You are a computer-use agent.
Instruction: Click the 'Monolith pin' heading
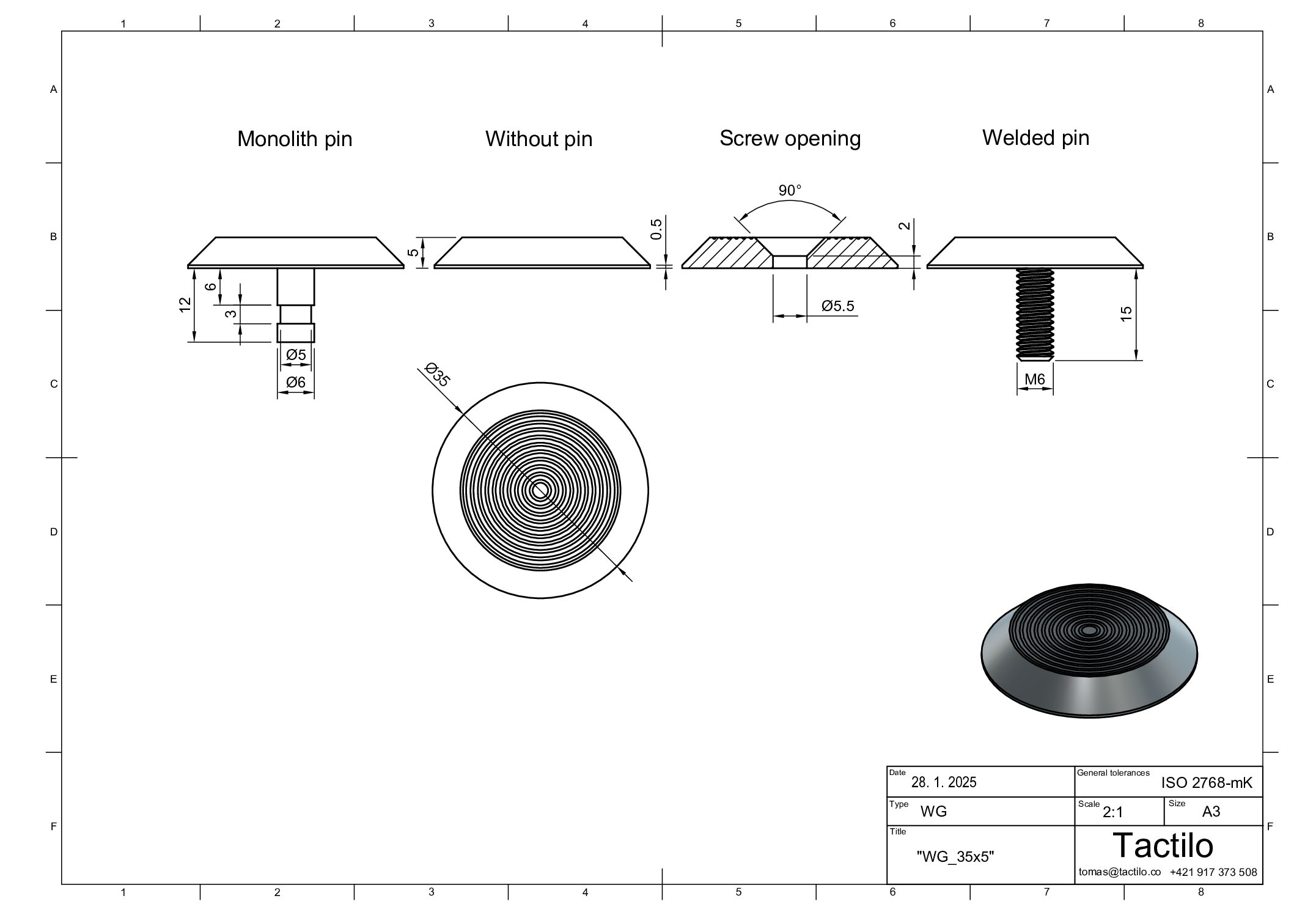[295, 139]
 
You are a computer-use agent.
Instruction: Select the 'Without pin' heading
[539, 139]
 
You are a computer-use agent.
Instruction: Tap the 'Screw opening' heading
[790, 139]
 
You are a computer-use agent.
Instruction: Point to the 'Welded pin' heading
[1035, 138]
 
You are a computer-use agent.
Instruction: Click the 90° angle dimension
[790, 191]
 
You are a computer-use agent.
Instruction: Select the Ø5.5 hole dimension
[838, 306]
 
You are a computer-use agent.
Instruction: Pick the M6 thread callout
[1035, 380]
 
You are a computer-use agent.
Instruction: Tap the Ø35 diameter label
[438, 375]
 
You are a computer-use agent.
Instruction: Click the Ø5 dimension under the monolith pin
[296, 355]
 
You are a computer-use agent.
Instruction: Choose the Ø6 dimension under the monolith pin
[296, 382]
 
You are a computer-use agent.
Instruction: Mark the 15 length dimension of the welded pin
[1126, 313]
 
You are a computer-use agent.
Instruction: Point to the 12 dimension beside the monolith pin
[185, 304]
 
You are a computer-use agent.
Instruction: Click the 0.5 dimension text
[656, 229]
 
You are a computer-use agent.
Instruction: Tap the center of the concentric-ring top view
[540, 490]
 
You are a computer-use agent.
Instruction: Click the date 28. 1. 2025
[944, 782]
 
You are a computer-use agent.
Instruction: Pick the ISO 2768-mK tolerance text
[1207, 783]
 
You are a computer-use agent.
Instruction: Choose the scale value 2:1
[1113, 812]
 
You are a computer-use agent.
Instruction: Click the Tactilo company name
[1163, 846]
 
